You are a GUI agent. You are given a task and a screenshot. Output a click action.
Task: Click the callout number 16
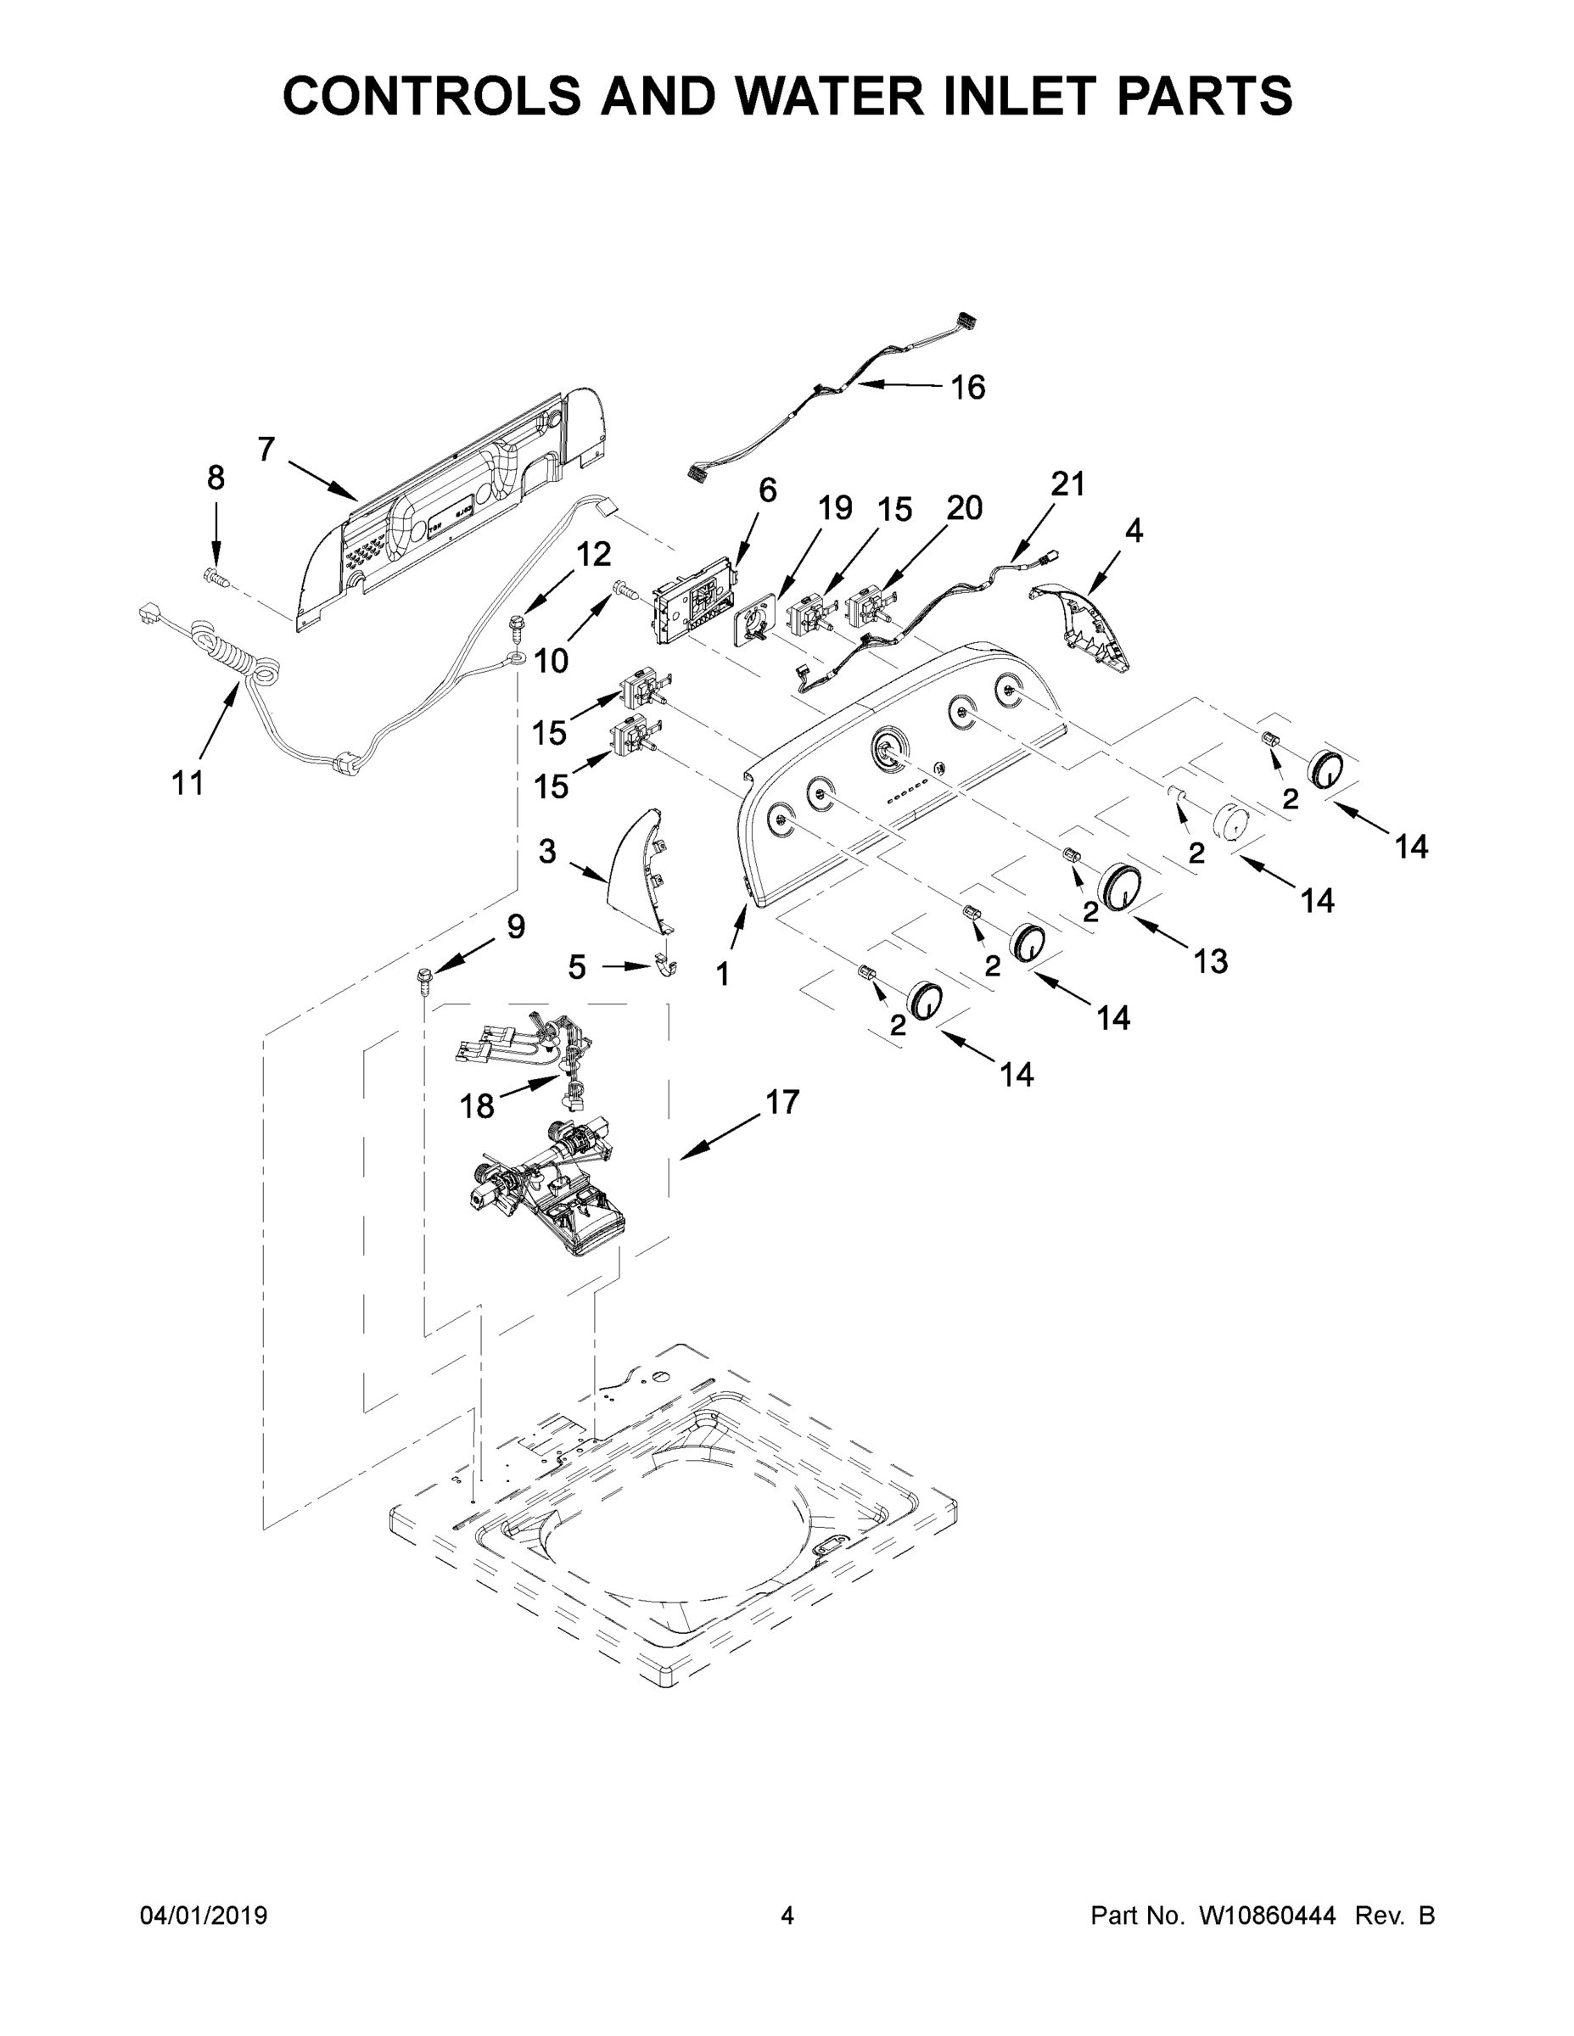(x=968, y=387)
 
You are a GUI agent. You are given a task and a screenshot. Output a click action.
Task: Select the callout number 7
(x=266, y=450)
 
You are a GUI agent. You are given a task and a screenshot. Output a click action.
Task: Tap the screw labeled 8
(x=216, y=578)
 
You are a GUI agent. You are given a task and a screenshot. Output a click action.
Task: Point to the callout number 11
(x=188, y=783)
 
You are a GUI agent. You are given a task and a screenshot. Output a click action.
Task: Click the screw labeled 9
(x=425, y=979)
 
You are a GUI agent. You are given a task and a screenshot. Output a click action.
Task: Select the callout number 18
(x=477, y=1106)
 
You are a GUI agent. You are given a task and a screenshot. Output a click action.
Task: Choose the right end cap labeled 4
(x=1082, y=624)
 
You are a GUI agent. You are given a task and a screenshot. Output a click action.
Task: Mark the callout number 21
(x=1068, y=484)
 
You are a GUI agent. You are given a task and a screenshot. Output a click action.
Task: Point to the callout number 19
(x=835, y=508)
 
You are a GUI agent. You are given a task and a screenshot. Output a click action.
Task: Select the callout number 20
(x=964, y=508)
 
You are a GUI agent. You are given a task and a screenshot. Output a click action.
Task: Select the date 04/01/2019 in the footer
(x=204, y=1916)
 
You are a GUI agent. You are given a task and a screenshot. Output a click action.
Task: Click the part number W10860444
(x=1266, y=1916)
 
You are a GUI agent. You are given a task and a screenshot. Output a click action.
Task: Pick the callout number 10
(x=551, y=661)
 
